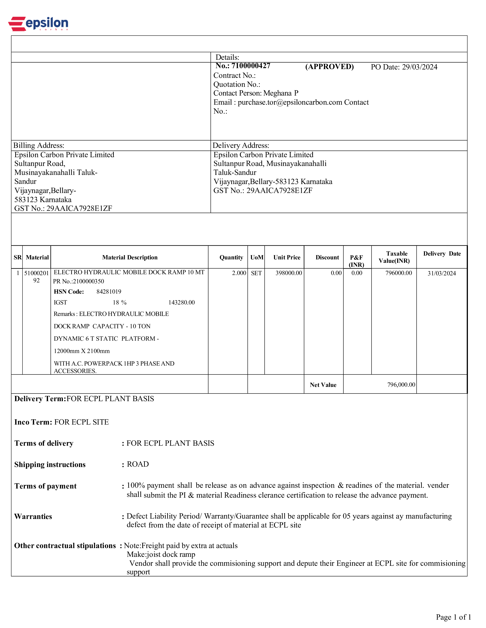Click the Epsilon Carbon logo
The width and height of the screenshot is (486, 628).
pos(38,24)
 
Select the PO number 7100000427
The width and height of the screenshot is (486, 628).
pos(251,66)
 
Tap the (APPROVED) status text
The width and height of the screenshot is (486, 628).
pos(329,67)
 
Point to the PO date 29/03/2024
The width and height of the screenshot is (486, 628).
pos(419,67)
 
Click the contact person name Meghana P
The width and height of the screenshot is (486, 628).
pos(281,93)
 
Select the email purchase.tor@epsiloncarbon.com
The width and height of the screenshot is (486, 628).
pos(290,102)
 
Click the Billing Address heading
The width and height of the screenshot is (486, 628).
pos(39,146)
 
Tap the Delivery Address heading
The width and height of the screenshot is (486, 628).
pos(241,146)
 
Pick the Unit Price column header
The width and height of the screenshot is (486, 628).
pos(287,257)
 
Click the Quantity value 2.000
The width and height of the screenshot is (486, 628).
pos(239,273)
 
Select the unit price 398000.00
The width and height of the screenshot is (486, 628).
pos(289,273)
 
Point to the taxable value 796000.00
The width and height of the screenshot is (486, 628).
pos(399,273)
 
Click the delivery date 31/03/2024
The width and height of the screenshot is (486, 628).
pos(441,273)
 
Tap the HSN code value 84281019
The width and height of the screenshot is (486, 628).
pos(109,292)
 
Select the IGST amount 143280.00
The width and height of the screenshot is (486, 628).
pos(181,303)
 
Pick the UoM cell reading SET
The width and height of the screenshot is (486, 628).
pos(256,273)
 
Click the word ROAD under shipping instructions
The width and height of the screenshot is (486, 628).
pos(138,464)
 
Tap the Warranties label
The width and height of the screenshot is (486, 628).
pos(33,516)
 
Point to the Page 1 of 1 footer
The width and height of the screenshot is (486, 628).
pos(453,617)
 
